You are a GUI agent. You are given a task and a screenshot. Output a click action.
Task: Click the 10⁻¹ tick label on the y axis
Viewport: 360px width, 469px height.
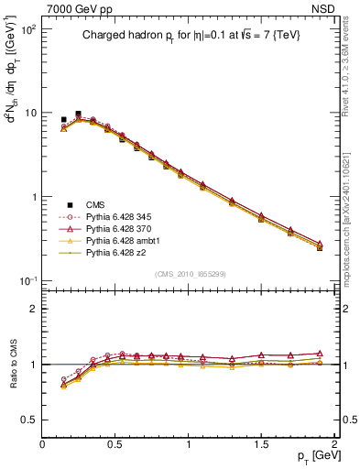tap(27, 280)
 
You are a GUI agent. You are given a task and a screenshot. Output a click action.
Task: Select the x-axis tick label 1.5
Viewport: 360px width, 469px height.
tap(261, 445)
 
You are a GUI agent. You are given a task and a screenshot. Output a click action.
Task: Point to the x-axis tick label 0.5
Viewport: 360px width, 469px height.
tap(115, 445)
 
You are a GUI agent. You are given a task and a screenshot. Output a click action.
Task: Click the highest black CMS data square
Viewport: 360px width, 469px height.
tap(78, 115)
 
